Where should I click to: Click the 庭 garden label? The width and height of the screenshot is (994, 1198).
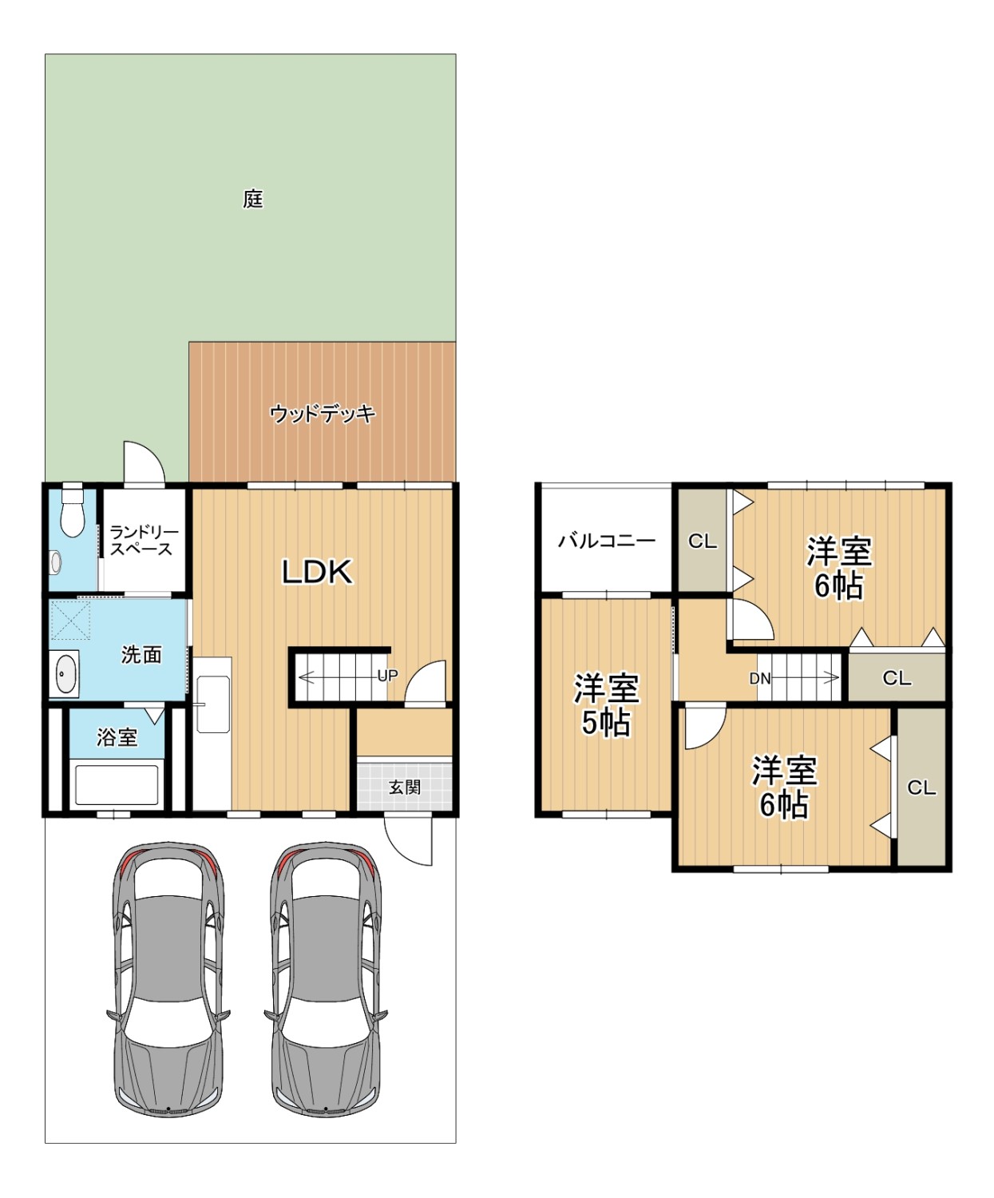(253, 199)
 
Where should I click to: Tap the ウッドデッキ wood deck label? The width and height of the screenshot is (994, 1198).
(323, 414)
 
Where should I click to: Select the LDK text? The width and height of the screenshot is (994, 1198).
(317, 572)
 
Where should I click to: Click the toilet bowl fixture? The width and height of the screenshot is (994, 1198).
(73, 511)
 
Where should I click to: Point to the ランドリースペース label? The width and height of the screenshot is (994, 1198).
(144, 541)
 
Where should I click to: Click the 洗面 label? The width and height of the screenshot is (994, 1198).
(141, 655)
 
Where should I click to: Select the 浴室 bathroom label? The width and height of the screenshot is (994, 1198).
(117, 737)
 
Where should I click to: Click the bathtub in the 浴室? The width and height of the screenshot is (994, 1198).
(117, 783)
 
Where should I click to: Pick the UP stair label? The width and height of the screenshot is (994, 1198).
(387, 676)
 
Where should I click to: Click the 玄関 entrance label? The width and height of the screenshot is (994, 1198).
(405, 787)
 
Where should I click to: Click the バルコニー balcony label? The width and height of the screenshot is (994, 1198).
(606, 541)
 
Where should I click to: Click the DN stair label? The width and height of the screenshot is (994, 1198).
(760, 679)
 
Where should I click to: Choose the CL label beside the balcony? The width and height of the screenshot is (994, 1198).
(702, 541)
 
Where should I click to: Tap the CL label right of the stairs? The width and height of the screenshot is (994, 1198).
(897, 678)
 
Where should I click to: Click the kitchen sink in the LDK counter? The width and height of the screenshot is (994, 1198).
(213, 704)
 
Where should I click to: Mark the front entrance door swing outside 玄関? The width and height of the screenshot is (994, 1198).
(409, 839)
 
